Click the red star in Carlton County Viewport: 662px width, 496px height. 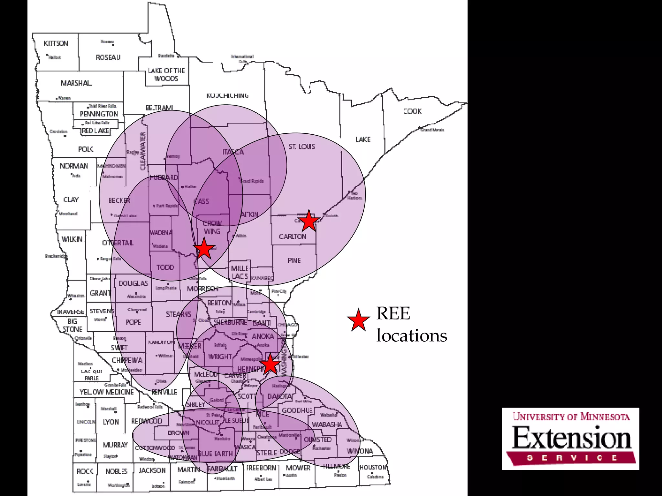[309, 221]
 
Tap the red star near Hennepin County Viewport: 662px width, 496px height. [270, 364]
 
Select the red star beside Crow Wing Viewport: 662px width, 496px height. [204, 249]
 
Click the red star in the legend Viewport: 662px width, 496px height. [358, 320]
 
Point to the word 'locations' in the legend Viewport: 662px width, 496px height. [411, 336]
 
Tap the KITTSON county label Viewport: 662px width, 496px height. [56, 44]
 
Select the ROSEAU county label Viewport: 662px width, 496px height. [108, 58]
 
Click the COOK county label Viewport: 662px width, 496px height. [413, 111]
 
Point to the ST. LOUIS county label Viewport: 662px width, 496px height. [302, 147]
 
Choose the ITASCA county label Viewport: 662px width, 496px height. [233, 152]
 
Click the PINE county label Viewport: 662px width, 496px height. [294, 261]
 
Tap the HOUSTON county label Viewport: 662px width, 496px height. [373, 467]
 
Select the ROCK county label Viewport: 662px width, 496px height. [85, 471]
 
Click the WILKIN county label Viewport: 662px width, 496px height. [72, 239]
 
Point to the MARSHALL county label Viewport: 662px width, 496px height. [76, 83]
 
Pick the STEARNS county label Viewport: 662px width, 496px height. [178, 314]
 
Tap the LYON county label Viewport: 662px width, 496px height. [111, 422]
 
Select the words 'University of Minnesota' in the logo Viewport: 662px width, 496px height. [571, 417]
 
